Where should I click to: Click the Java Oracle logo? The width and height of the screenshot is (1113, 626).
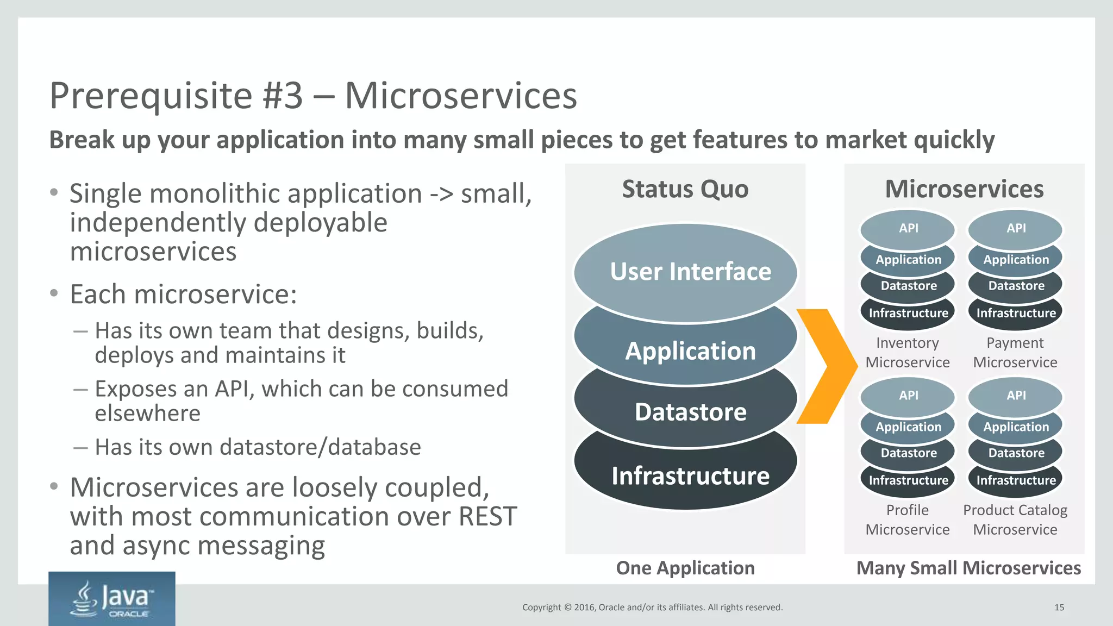click(x=111, y=599)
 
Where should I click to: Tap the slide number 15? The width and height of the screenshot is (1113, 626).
click(x=1059, y=608)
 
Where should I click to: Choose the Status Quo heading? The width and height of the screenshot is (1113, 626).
click(x=685, y=189)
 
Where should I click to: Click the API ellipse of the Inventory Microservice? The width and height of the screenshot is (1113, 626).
click(x=908, y=228)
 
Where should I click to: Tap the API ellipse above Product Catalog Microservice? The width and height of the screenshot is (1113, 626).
click(x=1016, y=396)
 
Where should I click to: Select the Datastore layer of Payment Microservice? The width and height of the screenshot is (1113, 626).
click(x=1016, y=286)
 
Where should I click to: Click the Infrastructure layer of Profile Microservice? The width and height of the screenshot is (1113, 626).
click(x=908, y=481)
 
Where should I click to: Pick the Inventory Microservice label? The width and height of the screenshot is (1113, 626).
click(x=907, y=353)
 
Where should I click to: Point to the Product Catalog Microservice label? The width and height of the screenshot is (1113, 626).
click(x=1015, y=519)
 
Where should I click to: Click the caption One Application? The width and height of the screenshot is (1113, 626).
click(x=685, y=568)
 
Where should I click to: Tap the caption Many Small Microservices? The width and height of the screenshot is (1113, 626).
click(x=968, y=568)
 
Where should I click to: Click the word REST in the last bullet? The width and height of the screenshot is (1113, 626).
click(x=487, y=516)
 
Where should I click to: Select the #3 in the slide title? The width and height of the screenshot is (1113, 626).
click(x=282, y=96)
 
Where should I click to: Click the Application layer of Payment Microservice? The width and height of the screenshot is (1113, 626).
click(x=1016, y=260)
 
